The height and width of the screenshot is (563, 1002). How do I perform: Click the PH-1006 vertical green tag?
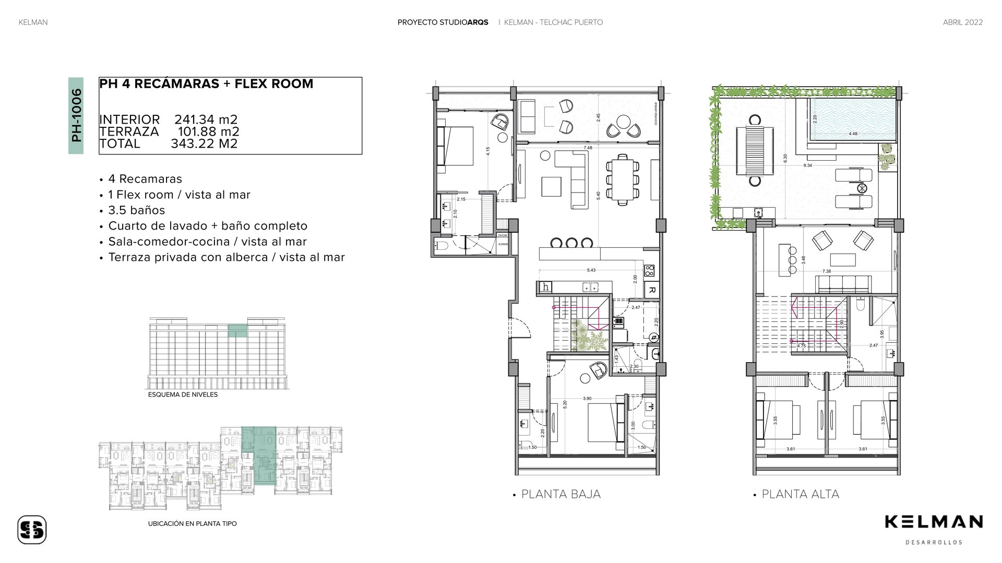pyautogui.click(x=76, y=116)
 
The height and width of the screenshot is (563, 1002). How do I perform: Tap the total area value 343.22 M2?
pyautogui.click(x=204, y=143)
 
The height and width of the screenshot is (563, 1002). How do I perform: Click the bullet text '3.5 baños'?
pyautogui.click(x=136, y=210)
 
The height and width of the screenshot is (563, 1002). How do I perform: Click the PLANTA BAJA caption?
pyautogui.click(x=560, y=494)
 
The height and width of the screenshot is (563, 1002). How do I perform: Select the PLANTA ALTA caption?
pyautogui.click(x=800, y=494)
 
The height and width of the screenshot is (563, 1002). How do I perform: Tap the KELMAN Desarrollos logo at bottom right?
pyautogui.click(x=934, y=528)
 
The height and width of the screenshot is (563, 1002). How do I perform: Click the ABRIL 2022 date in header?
pyautogui.click(x=962, y=22)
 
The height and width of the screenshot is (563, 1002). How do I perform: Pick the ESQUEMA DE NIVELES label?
pyautogui.click(x=183, y=395)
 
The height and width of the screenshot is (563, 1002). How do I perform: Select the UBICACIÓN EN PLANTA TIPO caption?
pyautogui.click(x=192, y=523)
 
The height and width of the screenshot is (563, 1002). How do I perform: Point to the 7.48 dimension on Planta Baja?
pyautogui.click(x=588, y=148)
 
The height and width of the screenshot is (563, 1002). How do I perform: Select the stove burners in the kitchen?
pyautogui.click(x=650, y=270)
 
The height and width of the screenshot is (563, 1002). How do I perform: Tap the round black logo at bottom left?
pyautogui.click(x=32, y=530)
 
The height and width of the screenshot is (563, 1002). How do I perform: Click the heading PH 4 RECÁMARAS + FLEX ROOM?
pyautogui.click(x=206, y=84)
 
